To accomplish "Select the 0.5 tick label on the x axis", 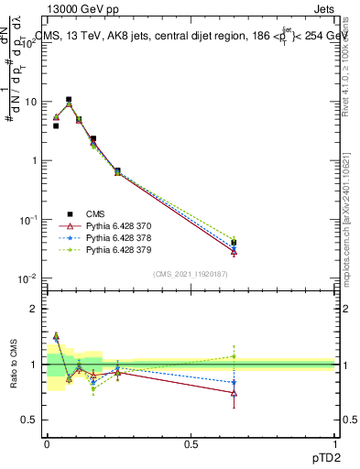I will click(x=191, y=442).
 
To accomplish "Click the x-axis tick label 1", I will click(x=335, y=442).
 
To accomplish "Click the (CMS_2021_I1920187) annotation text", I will click(x=191, y=273).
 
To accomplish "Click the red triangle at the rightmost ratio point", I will click(x=235, y=393).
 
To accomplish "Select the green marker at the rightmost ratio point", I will click(x=235, y=356).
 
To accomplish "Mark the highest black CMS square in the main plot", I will click(x=69, y=99).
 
